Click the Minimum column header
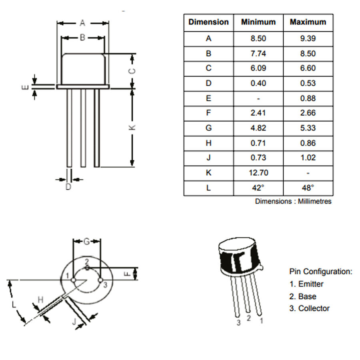[258, 22]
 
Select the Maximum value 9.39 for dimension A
[308, 39]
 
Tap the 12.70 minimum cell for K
[258, 173]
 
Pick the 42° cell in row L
[258, 188]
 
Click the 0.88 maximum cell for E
[308, 98]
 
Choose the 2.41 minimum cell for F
[258, 113]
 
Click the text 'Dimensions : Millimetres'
[293, 202]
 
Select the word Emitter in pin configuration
[311, 284]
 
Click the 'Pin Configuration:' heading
[321, 272]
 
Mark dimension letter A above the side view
[83, 22]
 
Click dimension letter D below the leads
[68, 187]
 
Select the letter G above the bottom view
[86, 241]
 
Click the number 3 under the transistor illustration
[238, 323]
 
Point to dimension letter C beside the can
[133, 71]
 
